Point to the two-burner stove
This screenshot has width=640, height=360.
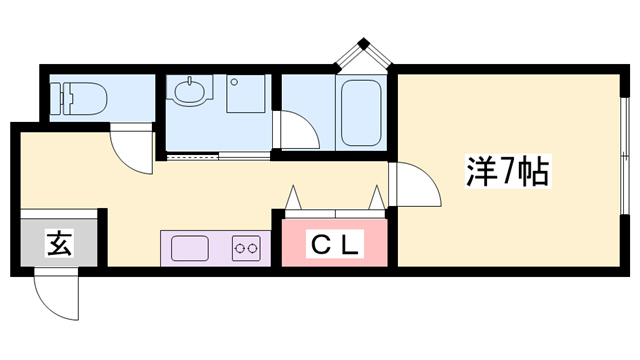245,247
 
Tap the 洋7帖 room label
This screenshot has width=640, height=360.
506,172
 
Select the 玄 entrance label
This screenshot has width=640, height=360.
59,242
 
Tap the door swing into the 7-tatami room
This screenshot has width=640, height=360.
414,185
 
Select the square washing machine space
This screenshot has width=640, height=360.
245,95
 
